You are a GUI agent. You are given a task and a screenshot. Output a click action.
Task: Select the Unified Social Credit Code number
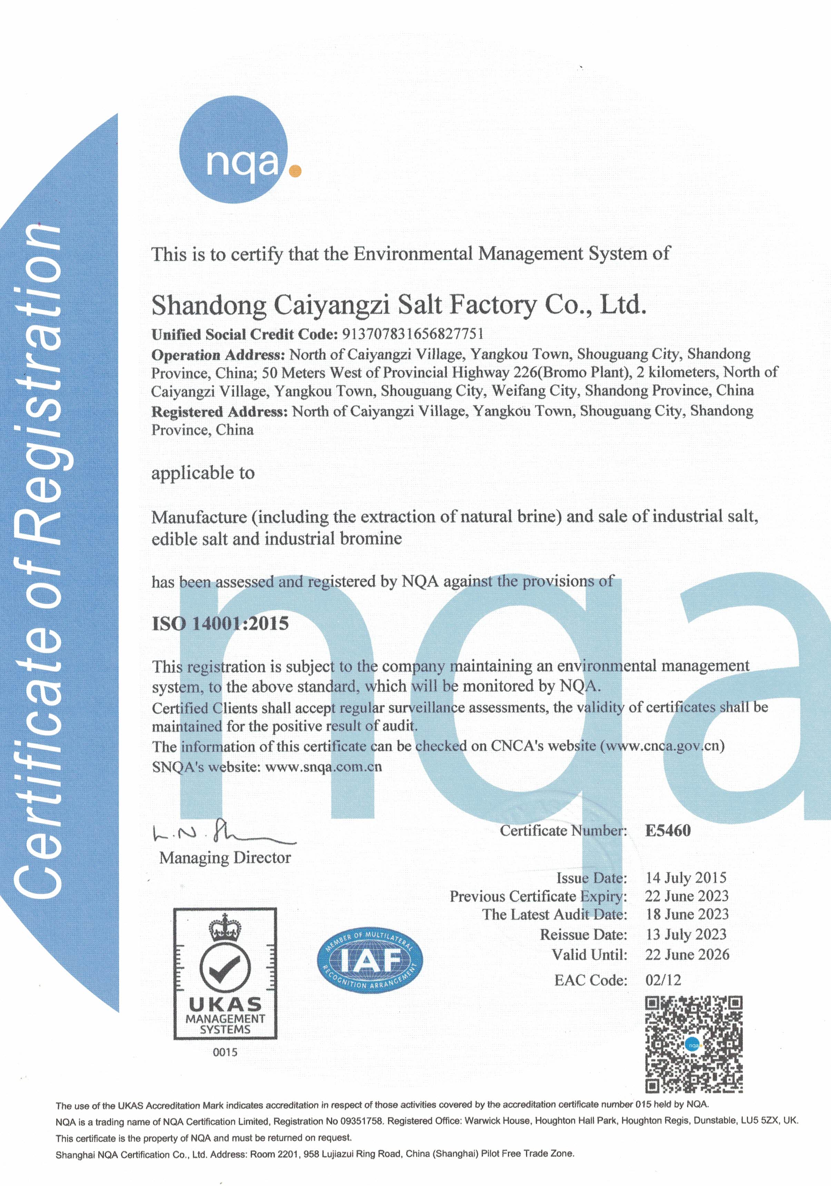(413, 334)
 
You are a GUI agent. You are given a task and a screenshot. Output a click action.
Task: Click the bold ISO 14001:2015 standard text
(220, 624)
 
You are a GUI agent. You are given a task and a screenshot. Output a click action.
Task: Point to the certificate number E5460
(668, 830)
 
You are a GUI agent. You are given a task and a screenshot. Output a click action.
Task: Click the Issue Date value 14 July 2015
(686, 878)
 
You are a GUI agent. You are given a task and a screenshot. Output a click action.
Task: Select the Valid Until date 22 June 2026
(687, 954)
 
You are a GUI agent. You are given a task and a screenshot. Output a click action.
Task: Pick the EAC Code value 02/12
(663, 980)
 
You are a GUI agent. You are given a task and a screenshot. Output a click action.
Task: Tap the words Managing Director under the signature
(225, 858)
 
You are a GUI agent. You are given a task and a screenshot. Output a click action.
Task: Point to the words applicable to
(203, 473)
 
